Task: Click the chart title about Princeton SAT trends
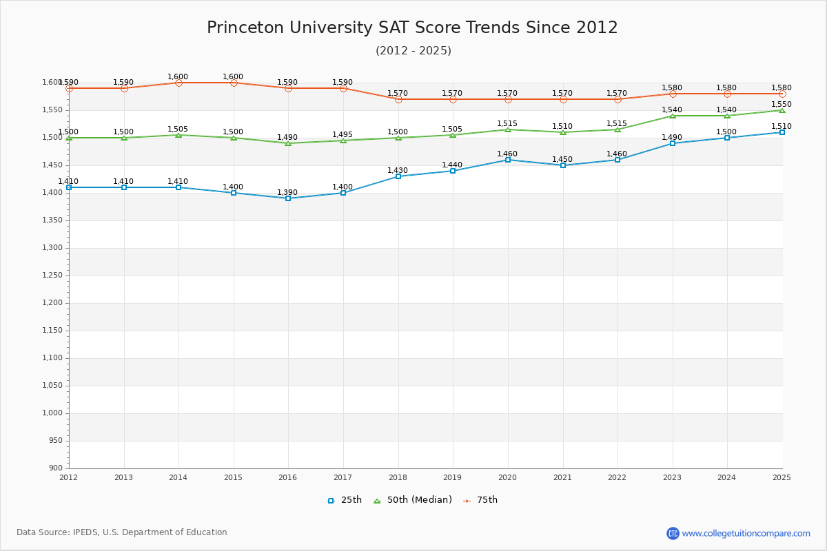pyautogui.click(x=412, y=28)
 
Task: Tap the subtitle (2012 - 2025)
pyautogui.click(x=413, y=50)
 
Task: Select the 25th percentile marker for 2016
pyautogui.click(x=288, y=198)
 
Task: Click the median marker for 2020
pyautogui.click(x=508, y=129)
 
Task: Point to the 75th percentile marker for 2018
pyautogui.click(x=398, y=99)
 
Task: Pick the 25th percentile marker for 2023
pyautogui.click(x=673, y=143)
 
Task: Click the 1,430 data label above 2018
pyautogui.click(x=398, y=171)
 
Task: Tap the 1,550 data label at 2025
pyautogui.click(x=782, y=105)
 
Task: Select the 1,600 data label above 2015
pyautogui.click(x=233, y=77)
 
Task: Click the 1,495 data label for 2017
pyautogui.click(x=343, y=135)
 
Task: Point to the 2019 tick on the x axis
pyautogui.click(x=453, y=477)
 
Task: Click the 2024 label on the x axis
pyautogui.click(x=726, y=477)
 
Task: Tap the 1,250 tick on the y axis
pyautogui.click(x=52, y=275)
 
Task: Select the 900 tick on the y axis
pyautogui.click(x=55, y=468)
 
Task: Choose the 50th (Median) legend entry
pyautogui.click(x=413, y=500)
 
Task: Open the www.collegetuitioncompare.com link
pyautogui.click(x=746, y=533)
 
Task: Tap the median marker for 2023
pyautogui.click(x=673, y=116)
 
